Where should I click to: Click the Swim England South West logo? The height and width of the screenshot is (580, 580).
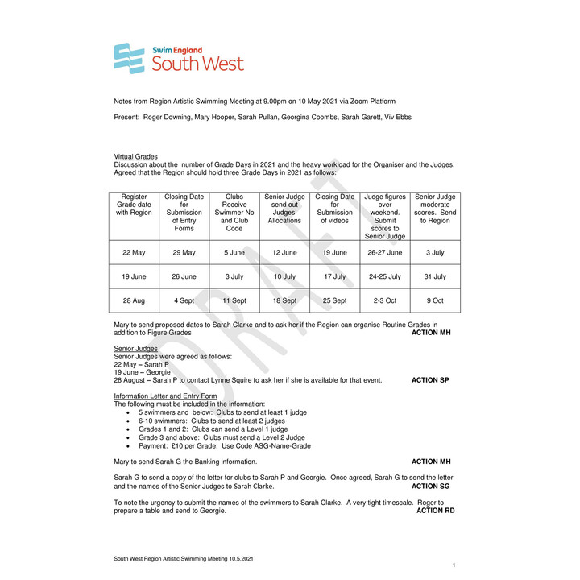pyautogui.click(x=178, y=58)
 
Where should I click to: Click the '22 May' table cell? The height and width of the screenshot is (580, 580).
pyautogui.click(x=134, y=253)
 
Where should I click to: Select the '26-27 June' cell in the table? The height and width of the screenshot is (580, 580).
pyautogui.click(x=384, y=253)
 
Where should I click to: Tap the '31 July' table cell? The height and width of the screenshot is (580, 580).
pyautogui.click(x=435, y=276)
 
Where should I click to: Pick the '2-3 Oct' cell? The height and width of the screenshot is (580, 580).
pyautogui.click(x=384, y=300)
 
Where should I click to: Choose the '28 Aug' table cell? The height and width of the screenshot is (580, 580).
pyautogui.click(x=134, y=300)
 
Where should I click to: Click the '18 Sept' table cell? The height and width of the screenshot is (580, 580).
pyautogui.click(x=284, y=300)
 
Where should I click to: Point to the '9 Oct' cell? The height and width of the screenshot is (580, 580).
pyautogui.click(x=435, y=300)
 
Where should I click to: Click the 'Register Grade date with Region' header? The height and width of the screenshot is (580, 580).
pyautogui.click(x=134, y=205)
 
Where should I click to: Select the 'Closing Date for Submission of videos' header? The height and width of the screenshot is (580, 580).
pyautogui.click(x=334, y=209)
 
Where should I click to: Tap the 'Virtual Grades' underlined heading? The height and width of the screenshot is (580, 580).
pyautogui.click(x=136, y=156)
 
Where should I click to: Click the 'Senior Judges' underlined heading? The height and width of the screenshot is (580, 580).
pyautogui.click(x=136, y=348)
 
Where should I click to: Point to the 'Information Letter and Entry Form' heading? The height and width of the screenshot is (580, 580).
pyautogui.click(x=165, y=396)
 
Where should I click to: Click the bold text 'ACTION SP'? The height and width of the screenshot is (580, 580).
pyautogui.click(x=430, y=380)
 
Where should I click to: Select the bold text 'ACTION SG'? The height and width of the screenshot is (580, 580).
pyautogui.click(x=429, y=487)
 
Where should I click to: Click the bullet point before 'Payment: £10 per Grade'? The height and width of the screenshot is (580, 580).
pyautogui.click(x=129, y=446)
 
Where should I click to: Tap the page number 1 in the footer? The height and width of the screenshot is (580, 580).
pyautogui.click(x=454, y=566)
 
